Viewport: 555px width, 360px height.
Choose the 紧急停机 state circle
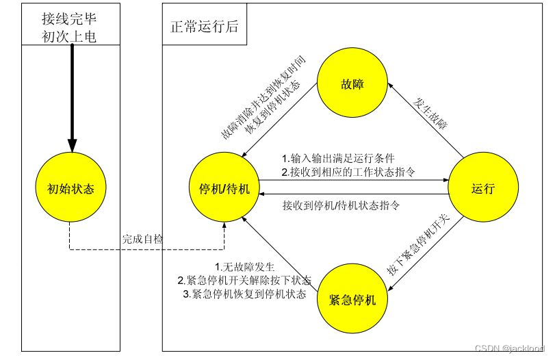click(x=352, y=299)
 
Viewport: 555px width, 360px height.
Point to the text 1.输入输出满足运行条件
click(x=338, y=157)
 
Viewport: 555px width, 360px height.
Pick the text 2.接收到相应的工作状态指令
click(x=348, y=172)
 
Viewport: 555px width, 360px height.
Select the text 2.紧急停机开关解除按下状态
click(x=244, y=281)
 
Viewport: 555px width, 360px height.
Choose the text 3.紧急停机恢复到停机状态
click(x=244, y=294)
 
